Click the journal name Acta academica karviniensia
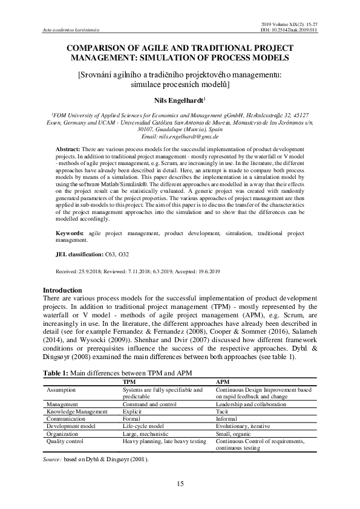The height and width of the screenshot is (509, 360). [70, 29]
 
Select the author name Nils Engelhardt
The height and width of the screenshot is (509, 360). [178, 100]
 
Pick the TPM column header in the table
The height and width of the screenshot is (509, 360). [129, 382]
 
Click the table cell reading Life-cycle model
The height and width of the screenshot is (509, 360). [143, 426]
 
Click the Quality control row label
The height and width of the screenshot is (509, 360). [65, 441]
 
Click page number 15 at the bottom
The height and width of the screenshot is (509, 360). [180, 483]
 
